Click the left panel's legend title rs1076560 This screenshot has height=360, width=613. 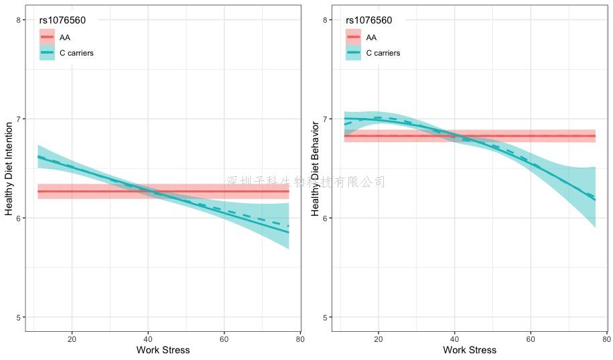62,20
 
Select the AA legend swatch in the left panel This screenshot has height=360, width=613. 46,37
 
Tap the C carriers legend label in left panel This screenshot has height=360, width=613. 76,53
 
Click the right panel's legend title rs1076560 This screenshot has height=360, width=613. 369,20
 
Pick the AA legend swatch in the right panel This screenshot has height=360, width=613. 353,37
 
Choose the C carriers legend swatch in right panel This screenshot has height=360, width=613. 353,53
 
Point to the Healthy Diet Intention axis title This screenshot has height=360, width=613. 9,168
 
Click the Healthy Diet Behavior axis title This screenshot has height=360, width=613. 316,168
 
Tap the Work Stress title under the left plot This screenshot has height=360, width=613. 163,350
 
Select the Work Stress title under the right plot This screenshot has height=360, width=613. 470,350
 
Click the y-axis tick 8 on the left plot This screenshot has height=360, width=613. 18,20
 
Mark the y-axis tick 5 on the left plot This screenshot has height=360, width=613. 18,317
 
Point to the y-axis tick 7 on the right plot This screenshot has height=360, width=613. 325,119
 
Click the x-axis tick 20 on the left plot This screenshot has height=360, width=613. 72,338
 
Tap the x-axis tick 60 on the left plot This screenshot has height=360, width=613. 224,338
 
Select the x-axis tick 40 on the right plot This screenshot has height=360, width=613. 454,338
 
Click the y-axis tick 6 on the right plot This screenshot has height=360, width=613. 325,219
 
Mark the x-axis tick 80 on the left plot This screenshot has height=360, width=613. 300,338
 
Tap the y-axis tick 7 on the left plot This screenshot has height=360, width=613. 18,119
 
